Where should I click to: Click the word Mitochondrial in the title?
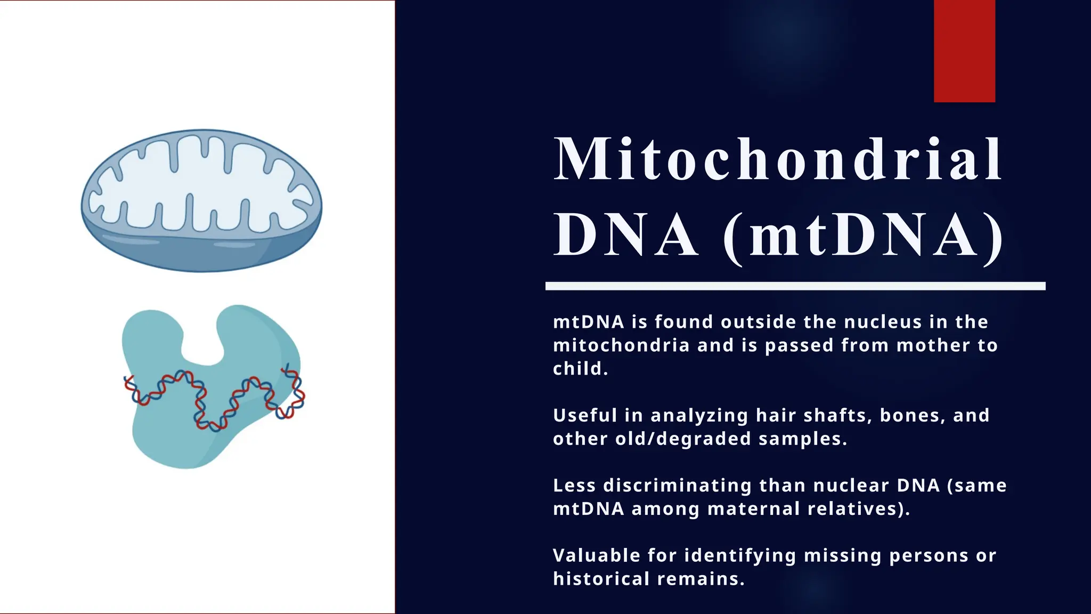(778, 159)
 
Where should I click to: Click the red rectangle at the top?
(964, 51)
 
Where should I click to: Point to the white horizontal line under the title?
(795, 286)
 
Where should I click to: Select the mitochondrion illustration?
(201, 201)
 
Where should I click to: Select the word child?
(580, 369)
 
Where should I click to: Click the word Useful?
(585, 415)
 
